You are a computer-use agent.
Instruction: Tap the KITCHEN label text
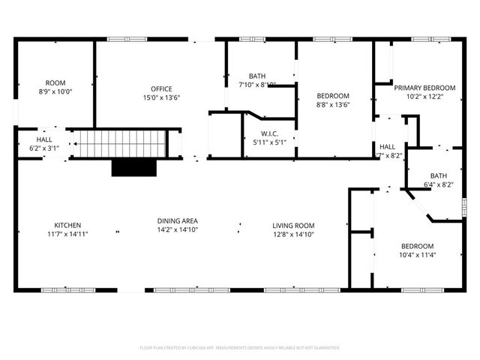tap(67, 226)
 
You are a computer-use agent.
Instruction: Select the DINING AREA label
tap(177, 220)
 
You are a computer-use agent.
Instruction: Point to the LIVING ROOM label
tap(293, 226)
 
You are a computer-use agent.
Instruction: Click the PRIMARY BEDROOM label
tap(424, 88)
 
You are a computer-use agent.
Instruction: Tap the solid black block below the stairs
tap(133, 166)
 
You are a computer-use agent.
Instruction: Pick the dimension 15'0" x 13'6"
tap(162, 97)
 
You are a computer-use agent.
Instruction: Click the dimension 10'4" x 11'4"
tap(416, 255)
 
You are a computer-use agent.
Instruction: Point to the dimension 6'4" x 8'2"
tap(439, 184)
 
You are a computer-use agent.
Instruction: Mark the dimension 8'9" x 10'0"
tap(55, 91)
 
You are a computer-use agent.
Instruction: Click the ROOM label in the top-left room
tap(55, 83)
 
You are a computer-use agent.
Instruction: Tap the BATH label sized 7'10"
tap(257, 76)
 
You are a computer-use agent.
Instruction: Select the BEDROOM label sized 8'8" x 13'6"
tap(332, 96)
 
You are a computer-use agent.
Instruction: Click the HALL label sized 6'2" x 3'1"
tap(44, 140)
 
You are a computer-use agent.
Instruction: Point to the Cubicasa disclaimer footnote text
tap(240, 348)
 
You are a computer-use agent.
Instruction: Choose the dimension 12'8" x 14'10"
tap(293, 234)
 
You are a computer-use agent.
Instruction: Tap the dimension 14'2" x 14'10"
tap(177, 229)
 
